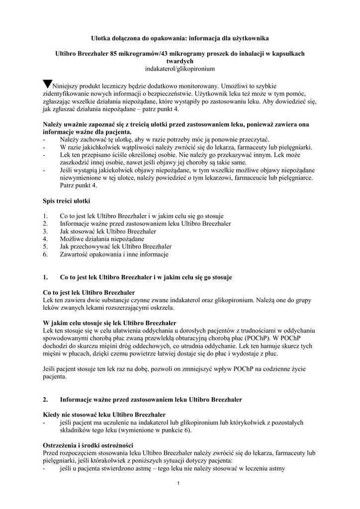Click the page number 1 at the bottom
tap(179, 484)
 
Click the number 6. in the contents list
tap(46, 254)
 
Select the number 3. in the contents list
tap(46, 232)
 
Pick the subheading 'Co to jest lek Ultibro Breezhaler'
tap(89, 292)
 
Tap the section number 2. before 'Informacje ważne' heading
tap(46, 399)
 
